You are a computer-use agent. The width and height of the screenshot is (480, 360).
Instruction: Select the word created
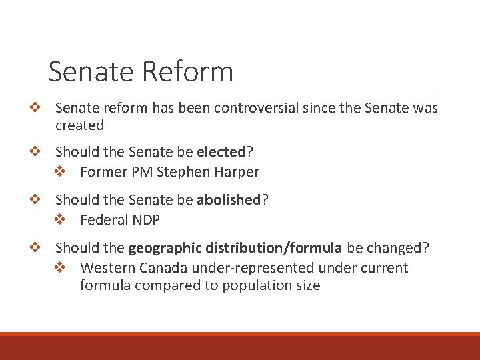(x=79, y=125)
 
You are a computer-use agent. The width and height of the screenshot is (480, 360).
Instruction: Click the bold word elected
(x=221, y=152)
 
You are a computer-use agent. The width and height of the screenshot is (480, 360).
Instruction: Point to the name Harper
(x=237, y=172)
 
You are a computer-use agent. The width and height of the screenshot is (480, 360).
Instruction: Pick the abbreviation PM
(x=142, y=172)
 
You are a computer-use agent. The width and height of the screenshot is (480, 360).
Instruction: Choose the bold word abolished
(x=228, y=200)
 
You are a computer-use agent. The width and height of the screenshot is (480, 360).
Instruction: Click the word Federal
(x=102, y=220)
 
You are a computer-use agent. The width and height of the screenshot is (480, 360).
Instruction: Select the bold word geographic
(x=165, y=248)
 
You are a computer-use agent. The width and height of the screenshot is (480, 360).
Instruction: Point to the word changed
(x=398, y=248)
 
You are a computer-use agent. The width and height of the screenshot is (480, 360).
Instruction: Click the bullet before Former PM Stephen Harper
(x=59, y=172)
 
